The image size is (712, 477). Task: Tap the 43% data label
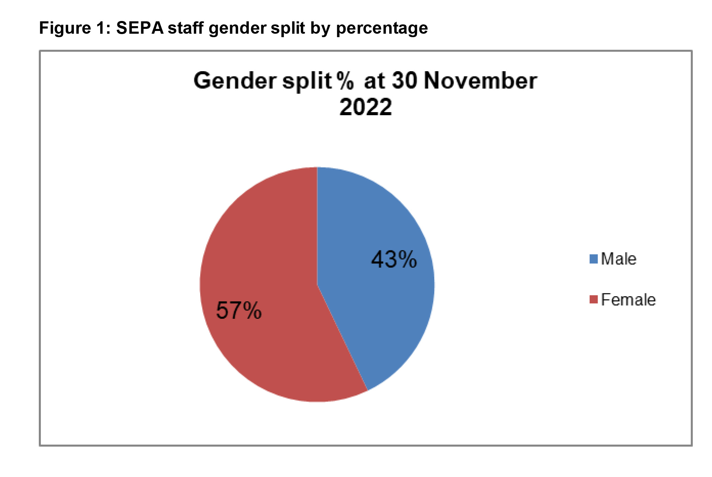click(394, 259)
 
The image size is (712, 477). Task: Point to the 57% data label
click(239, 310)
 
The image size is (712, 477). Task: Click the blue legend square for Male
click(594, 259)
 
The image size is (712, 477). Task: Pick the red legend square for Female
click(594, 300)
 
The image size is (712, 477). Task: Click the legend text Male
click(619, 259)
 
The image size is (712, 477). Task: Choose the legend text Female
click(628, 300)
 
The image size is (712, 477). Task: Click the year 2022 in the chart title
click(365, 107)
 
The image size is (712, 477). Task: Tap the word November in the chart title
click(480, 81)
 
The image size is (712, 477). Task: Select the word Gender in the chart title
click(235, 81)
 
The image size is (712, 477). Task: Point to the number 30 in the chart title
click(405, 81)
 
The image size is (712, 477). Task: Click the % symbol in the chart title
click(345, 81)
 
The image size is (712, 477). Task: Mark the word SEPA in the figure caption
click(140, 28)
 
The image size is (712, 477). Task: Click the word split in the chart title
click(307, 82)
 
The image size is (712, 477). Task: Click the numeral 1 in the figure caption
click(102, 28)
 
